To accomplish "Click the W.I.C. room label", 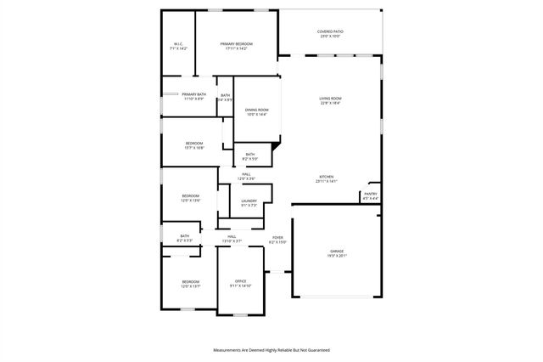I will pos(178,44).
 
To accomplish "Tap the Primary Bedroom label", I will pos(237,44).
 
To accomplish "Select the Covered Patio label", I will pos(330,31).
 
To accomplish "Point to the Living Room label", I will pos(330,99).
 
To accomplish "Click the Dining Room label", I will pos(257,110).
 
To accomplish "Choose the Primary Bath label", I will pos(193,94).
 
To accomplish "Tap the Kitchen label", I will pos(327,177).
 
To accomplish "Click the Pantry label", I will pos(371,194).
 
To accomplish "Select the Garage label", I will pos(337,251).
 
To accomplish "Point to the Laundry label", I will pos(249,201).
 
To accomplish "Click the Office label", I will pos(240,281).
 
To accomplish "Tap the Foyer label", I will pos(277,238).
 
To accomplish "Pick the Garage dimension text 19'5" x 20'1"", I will pos(337,256).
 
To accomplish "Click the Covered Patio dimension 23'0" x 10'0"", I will pos(330,37).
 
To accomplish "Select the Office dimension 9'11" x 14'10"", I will pos(240,286).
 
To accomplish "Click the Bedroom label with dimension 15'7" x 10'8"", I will pos(194,143).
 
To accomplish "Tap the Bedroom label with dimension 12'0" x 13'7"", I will pos(190,281).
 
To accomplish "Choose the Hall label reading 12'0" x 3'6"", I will pos(246,174).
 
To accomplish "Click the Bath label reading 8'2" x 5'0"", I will pos(250,154).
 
